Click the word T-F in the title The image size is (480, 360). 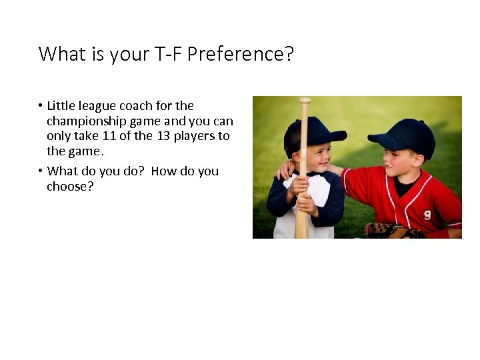(168, 53)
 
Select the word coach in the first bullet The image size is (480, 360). (136, 105)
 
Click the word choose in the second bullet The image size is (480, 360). (68, 187)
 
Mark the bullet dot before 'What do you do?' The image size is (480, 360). (41, 171)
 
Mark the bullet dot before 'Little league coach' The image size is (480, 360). (41, 106)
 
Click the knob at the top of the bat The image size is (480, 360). (305, 101)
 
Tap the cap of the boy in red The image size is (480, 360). (404, 135)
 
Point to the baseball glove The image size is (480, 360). (393, 231)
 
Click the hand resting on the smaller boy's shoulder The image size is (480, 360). (285, 171)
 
